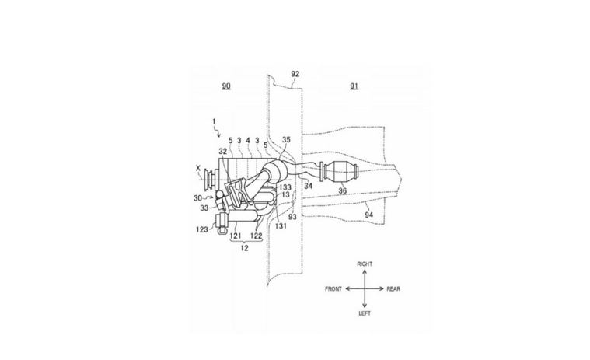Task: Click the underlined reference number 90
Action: tap(225, 86)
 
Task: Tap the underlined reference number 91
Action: tap(354, 86)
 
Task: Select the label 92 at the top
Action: tap(295, 74)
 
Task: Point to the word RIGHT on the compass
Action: tap(365, 264)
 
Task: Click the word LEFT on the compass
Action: tap(365, 313)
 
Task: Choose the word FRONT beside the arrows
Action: tap(333, 289)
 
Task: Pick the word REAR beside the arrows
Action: tap(393, 289)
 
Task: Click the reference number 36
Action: tap(342, 190)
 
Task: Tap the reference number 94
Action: tap(369, 215)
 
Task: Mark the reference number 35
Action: tap(286, 139)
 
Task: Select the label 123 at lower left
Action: tap(202, 229)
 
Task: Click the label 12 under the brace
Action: tap(244, 248)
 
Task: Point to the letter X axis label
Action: tap(198, 169)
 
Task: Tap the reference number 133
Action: tap(285, 187)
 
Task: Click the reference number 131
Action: tap(281, 225)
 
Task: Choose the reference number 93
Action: tap(292, 217)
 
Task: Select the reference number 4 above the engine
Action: tap(248, 140)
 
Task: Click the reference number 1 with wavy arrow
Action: tap(214, 121)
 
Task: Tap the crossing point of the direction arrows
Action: tap(365, 289)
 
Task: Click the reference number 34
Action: tap(309, 186)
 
